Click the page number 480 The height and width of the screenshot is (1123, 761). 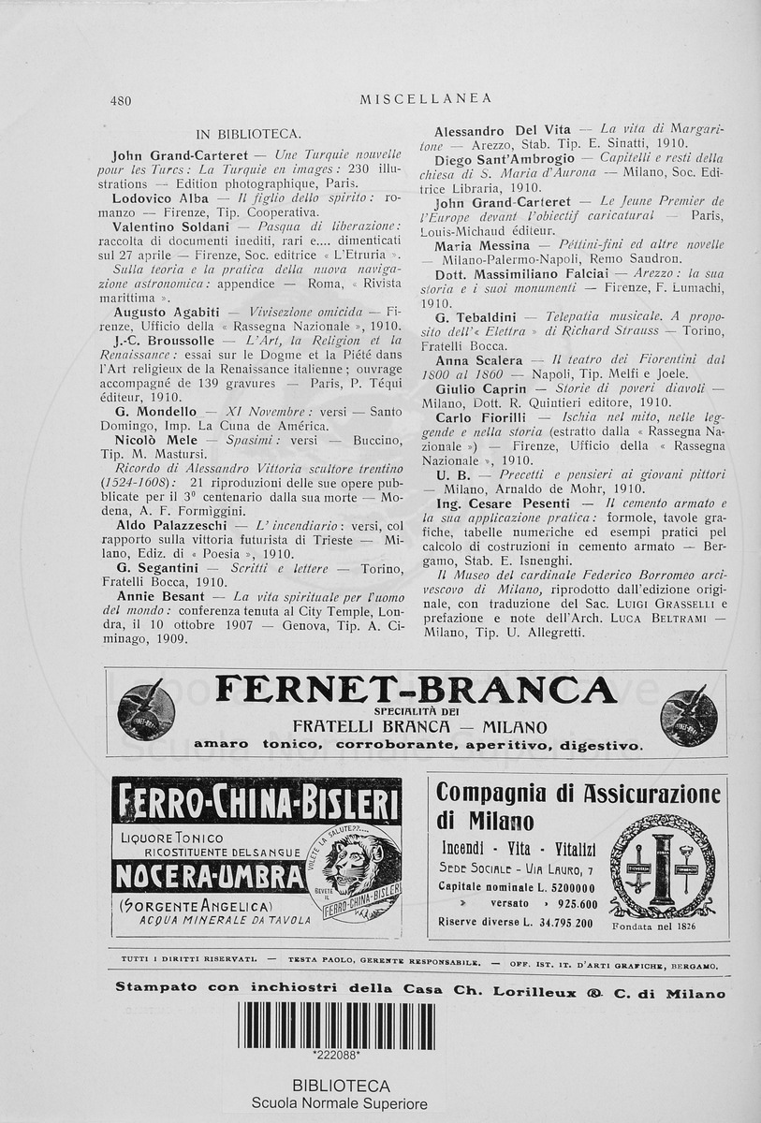tap(121, 100)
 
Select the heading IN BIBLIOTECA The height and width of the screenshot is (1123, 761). tap(248, 134)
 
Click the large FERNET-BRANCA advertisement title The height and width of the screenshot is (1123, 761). tap(416, 691)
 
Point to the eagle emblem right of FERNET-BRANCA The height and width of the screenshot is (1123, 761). tap(689, 714)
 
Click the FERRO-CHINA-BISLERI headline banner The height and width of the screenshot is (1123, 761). tap(256, 803)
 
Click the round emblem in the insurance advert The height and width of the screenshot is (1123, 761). tap(662, 866)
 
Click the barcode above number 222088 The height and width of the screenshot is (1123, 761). tap(336, 1025)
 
